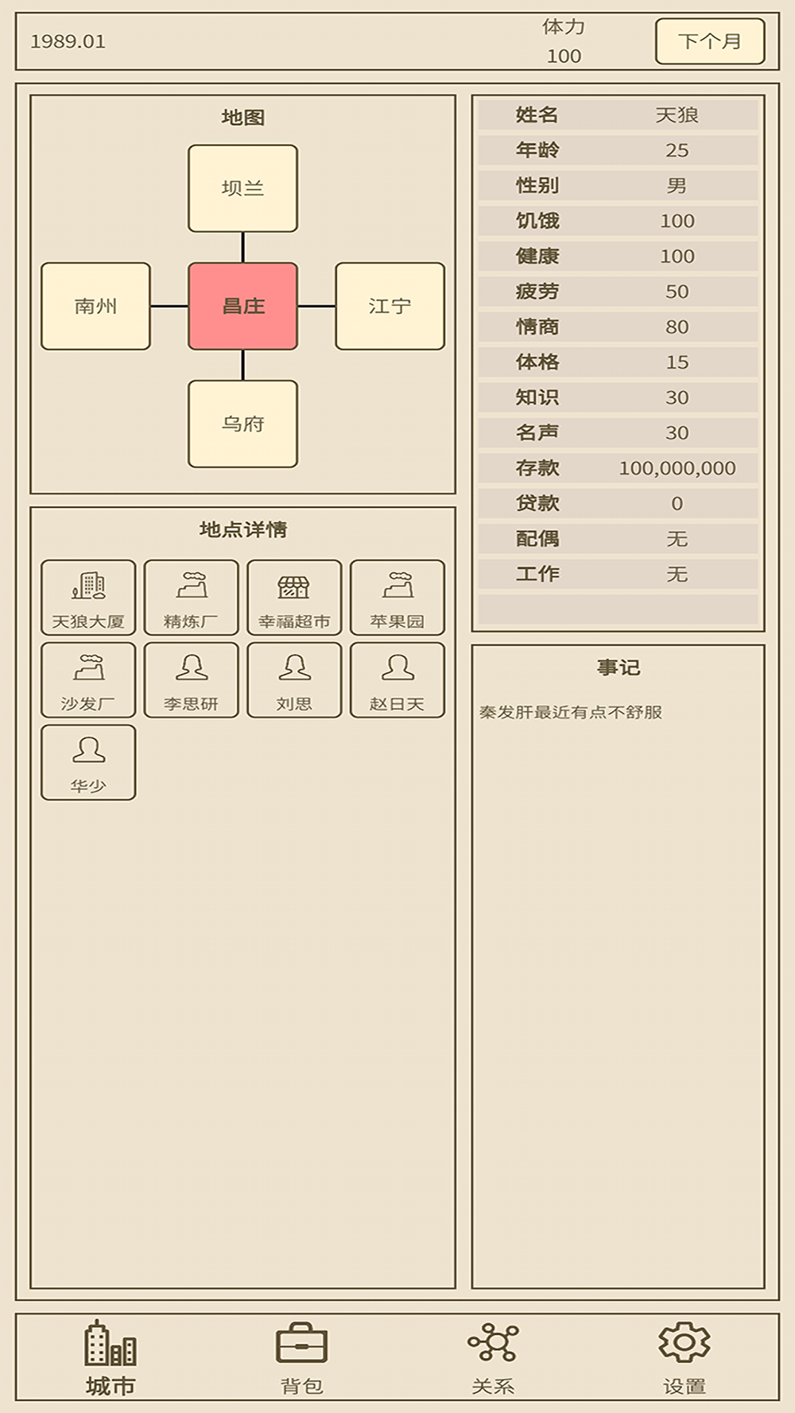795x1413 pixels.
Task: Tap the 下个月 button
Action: [710, 41]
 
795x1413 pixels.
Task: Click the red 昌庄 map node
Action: [243, 306]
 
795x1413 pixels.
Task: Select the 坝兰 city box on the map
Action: [243, 188]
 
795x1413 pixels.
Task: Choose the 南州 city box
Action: [95, 306]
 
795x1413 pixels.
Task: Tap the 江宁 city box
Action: [390, 306]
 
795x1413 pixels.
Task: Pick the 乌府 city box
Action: [243, 424]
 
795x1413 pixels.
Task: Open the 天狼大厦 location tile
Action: [88, 598]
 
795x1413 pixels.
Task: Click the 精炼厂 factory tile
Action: [192, 598]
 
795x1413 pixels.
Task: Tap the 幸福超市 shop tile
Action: [294, 598]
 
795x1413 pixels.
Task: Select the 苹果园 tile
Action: [397, 598]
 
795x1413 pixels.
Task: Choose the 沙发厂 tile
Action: [88, 680]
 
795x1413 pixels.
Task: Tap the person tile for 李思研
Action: [192, 680]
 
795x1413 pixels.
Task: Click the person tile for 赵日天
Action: [397, 680]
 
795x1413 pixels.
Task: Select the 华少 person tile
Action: [88, 762]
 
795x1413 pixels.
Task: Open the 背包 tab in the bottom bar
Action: [302, 1358]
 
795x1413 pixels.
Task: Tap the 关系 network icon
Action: [494, 1342]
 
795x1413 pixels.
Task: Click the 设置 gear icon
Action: [684, 1342]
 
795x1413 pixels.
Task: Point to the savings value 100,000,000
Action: [677, 469]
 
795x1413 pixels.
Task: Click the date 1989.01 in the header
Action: [68, 41]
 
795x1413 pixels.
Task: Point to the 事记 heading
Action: [619, 668]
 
